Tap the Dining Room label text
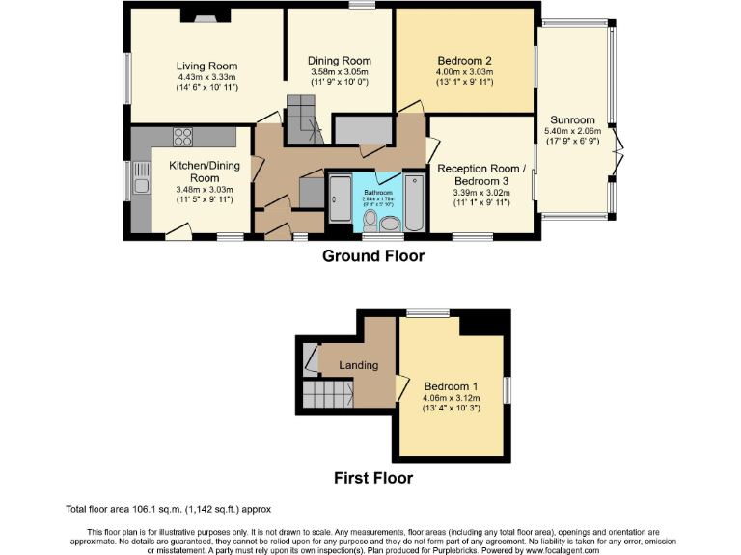coord(339,61)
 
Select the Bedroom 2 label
coord(463,60)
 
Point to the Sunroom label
coord(572,120)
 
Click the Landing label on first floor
coord(358,365)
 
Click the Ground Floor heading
coord(370,256)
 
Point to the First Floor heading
coord(372,478)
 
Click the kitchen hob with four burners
coord(182,137)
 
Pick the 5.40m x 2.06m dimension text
coord(572,132)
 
